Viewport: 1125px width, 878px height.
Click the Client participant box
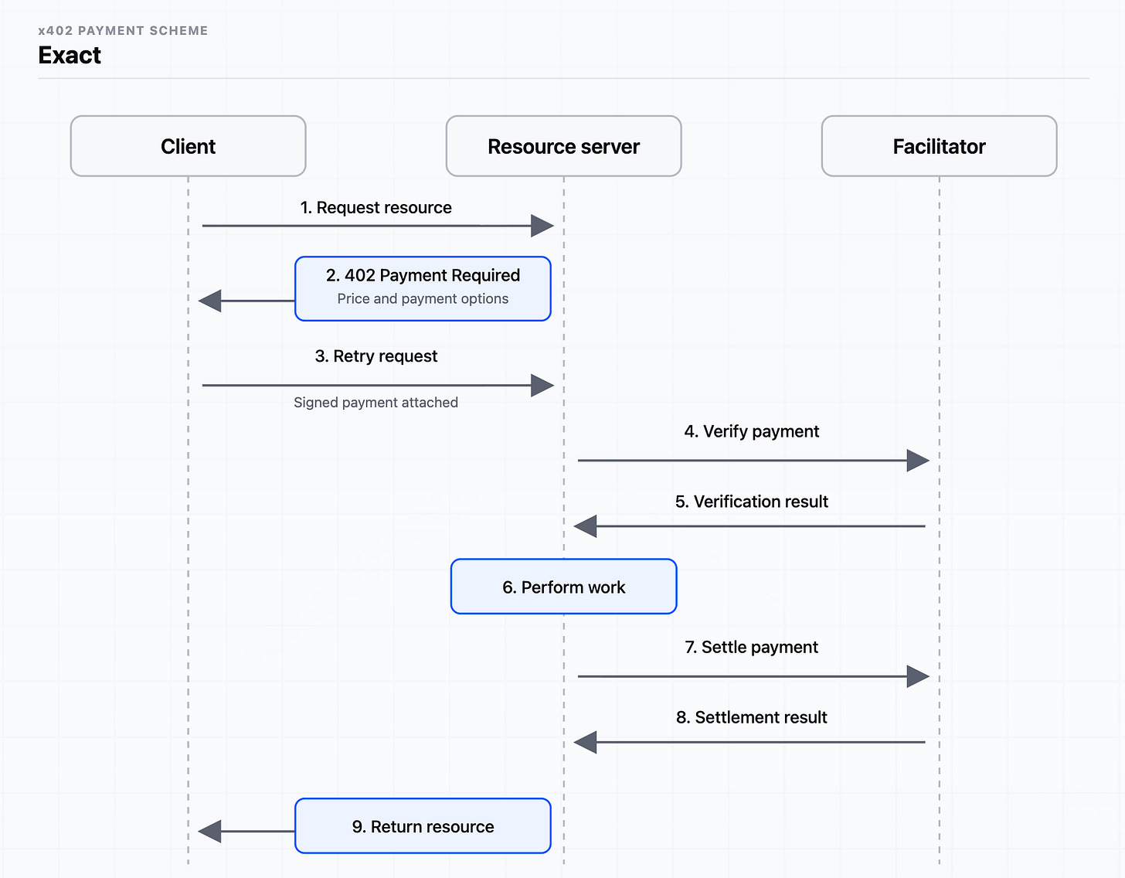click(188, 146)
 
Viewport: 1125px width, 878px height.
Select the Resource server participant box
click(563, 146)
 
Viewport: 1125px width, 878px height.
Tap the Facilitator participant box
click(939, 146)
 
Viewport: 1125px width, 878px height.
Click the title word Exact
click(70, 55)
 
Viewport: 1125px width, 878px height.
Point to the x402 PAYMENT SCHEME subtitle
click(123, 31)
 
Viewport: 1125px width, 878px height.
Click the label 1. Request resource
click(376, 208)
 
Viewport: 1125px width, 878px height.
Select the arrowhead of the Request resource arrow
click(542, 226)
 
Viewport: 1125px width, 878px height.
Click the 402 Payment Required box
click(423, 288)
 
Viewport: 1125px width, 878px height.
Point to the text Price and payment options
click(423, 298)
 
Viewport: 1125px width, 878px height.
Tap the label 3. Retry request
click(376, 356)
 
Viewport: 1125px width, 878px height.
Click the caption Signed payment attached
click(376, 402)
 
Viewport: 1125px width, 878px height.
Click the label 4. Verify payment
click(751, 431)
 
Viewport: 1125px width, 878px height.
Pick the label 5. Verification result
click(751, 502)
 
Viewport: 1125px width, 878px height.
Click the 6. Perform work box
click(563, 587)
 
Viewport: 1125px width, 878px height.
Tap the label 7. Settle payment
click(751, 647)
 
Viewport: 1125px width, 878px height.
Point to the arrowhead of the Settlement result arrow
click(585, 743)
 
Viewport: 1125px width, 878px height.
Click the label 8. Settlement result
click(751, 717)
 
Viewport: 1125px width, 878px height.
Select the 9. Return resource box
click(423, 826)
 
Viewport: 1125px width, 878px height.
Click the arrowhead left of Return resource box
click(209, 832)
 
